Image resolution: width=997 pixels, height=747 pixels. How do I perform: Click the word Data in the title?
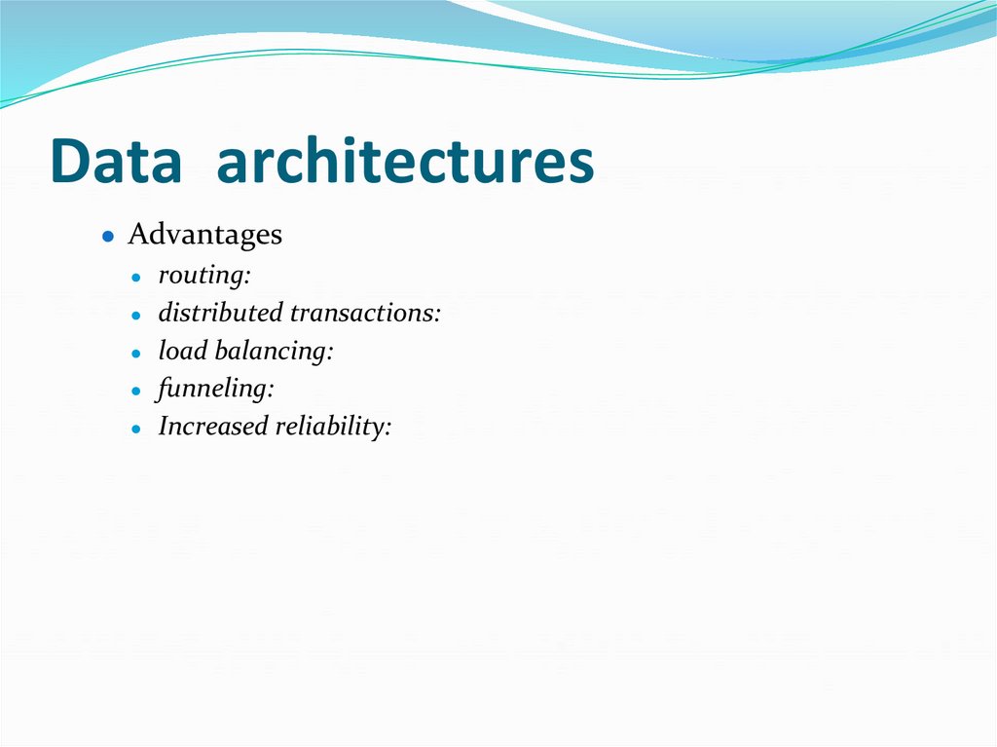tap(115, 162)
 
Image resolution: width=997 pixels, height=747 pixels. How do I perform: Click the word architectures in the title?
tap(405, 162)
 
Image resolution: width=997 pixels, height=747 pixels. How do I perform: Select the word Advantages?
tap(204, 235)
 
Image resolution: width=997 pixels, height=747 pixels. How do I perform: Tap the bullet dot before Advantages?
tap(109, 237)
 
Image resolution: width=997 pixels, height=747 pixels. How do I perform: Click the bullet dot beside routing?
tap(137, 279)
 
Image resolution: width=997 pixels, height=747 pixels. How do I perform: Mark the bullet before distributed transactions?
tap(137, 316)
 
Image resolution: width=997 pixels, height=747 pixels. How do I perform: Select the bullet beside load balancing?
tap(137, 354)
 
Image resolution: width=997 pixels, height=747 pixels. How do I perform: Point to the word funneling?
tap(212, 389)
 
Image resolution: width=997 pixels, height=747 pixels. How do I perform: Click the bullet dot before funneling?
tap(137, 392)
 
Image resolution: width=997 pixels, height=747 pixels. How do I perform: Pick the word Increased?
tap(212, 427)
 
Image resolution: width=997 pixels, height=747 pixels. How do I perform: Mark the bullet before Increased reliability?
tap(137, 430)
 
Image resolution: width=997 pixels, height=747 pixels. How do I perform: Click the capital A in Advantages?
tap(137, 235)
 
